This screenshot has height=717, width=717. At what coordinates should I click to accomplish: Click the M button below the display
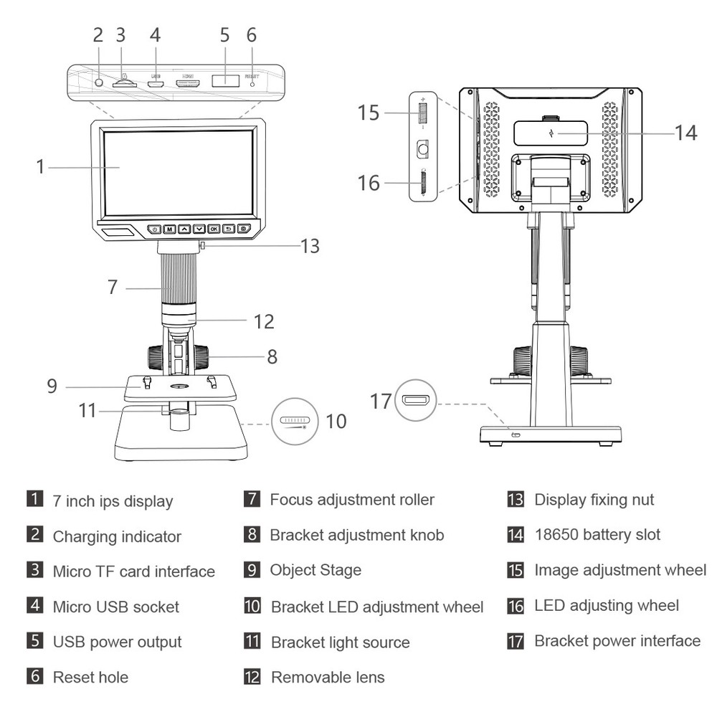(x=169, y=229)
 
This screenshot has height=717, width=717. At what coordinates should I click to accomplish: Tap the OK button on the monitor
(x=214, y=229)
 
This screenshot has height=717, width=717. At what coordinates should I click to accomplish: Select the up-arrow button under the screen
(x=184, y=229)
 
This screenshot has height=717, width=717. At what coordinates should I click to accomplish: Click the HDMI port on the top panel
(x=188, y=84)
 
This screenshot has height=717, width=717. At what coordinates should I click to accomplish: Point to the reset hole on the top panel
(x=252, y=84)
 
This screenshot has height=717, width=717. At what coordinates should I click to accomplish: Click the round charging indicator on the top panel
(x=100, y=83)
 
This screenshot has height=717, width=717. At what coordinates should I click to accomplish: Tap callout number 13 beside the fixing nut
(x=310, y=246)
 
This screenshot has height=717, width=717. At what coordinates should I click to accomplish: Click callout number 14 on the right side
(x=685, y=133)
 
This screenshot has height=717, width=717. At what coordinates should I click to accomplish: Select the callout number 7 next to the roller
(x=112, y=288)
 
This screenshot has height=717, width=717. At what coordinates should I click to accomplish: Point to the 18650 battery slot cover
(x=550, y=133)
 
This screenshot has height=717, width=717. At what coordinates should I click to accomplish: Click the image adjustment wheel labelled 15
(x=422, y=113)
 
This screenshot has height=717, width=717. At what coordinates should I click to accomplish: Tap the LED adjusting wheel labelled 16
(x=422, y=184)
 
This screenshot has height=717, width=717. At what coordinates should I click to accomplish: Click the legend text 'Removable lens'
(x=327, y=677)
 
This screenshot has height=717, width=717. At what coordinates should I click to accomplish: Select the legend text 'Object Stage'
(x=315, y=570)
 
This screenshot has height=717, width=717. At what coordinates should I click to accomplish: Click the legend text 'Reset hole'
(x=90, y=677)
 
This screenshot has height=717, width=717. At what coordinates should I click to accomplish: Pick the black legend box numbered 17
(x=516, y=641)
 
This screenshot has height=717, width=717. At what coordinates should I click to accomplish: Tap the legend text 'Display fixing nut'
(x=594, y=500)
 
